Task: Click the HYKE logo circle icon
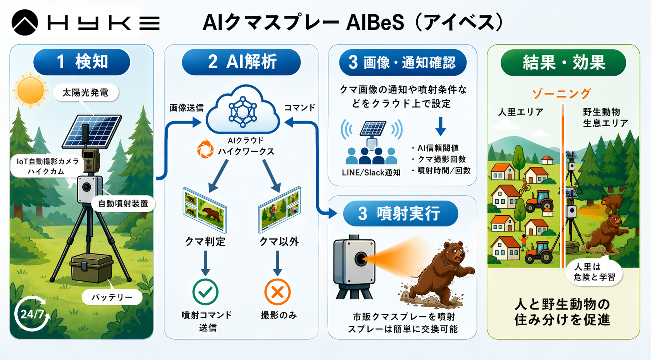point(25,22)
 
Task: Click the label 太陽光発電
point(85,93)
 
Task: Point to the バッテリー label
point(112,297)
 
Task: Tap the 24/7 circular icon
point(32,314)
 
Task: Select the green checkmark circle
point(205,292)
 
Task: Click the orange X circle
point(277,292)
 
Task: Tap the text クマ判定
point(205,242)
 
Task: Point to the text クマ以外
point(279,242)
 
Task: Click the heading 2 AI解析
point(242,62)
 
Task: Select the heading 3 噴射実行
point(400,213)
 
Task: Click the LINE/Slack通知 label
point(371,172)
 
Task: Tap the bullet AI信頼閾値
point(436,148)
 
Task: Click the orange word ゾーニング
point(561,93)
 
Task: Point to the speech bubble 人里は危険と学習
point(594,272)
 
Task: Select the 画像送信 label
point(186,108)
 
